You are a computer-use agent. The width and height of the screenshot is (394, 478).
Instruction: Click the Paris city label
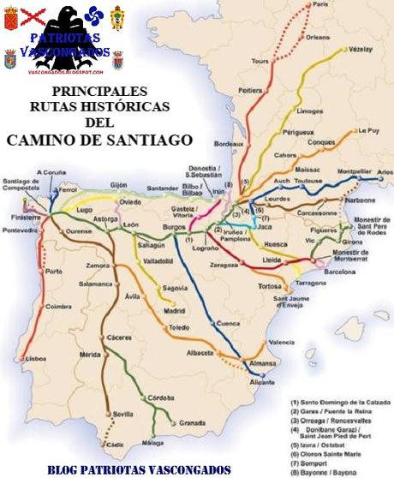(322, 5)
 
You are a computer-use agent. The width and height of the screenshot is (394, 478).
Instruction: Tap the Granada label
(192, 423)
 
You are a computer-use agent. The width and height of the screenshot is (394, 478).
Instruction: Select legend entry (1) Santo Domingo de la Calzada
(339, 401)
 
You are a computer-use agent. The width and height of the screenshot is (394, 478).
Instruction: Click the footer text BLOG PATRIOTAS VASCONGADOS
(139, 469)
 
